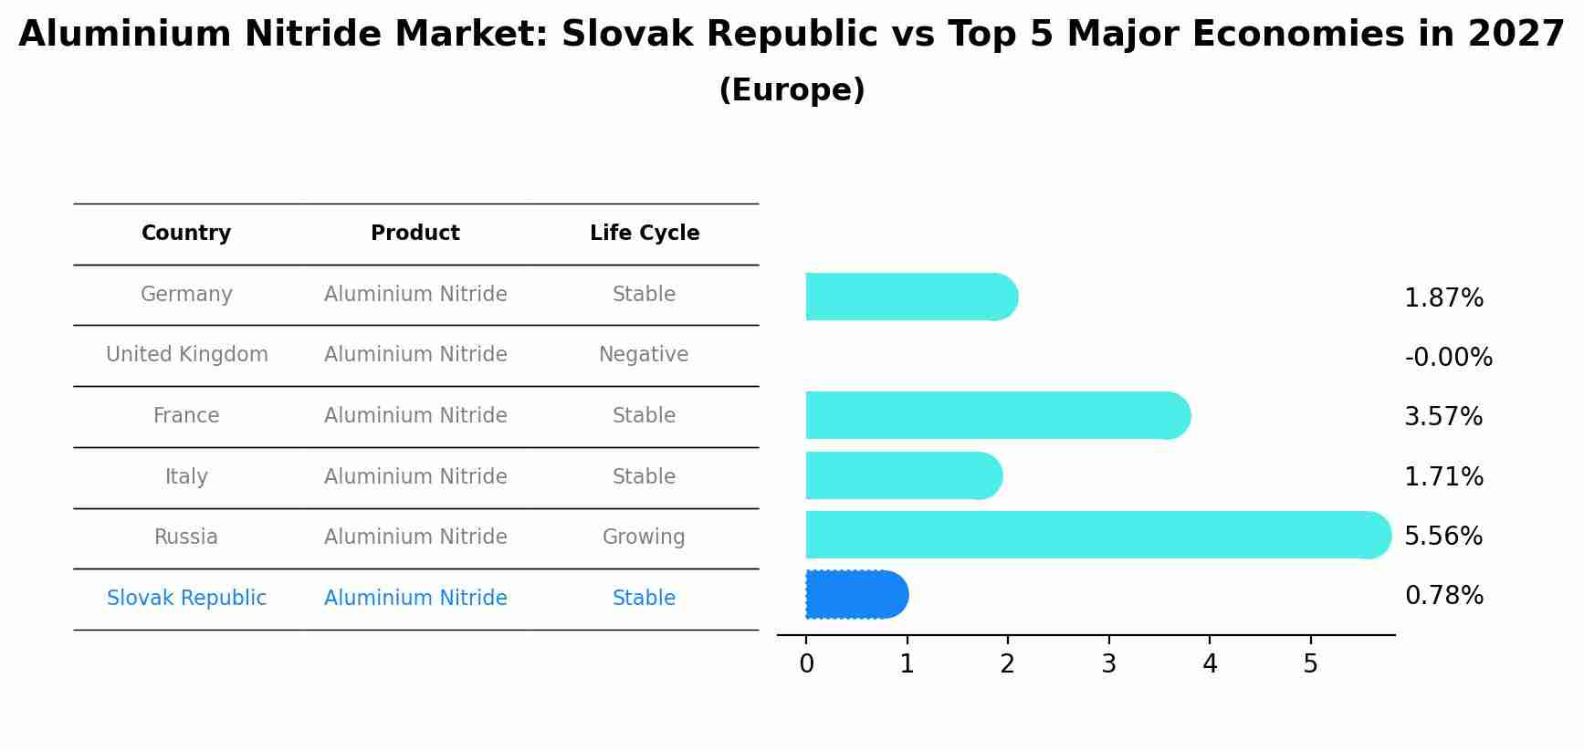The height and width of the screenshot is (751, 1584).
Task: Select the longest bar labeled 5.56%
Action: pyautogui.click(x=1096, y=535)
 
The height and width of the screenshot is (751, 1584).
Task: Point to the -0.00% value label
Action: pyautogui.click(x=1448, y=358)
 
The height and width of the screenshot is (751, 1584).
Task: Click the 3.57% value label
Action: pyautogui.click(x=1442, y=417)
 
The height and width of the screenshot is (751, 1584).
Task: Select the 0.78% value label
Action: pyautogui.click(x=1443, y=596)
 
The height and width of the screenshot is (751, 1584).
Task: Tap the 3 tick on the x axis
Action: pyautogui.click(x=1108, y=664)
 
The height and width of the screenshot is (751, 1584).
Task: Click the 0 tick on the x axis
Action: pyautogui.click(x=806, y=664)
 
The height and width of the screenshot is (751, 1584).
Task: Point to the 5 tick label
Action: pyautogui.click(x=1310, y=664)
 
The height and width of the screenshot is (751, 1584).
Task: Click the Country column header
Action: pyautogui.click(x=186, y=234)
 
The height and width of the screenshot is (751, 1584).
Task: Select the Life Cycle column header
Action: pyautogui.click(x=644, y=234)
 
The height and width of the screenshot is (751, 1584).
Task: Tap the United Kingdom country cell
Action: pyautogui.click(x=186, y=355)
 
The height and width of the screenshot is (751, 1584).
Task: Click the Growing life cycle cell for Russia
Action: pyautogui.click(x=644, y=537)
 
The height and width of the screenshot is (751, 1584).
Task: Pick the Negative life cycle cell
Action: pyautogui.click(x=644, y=355)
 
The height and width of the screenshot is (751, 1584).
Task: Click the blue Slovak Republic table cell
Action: pyautogui.click(x=186, y=599)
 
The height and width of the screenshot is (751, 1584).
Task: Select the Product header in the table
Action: pyautogui.click(x=415, y=234)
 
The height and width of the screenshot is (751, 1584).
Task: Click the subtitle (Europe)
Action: pyautogui.click(x=792, y=90)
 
